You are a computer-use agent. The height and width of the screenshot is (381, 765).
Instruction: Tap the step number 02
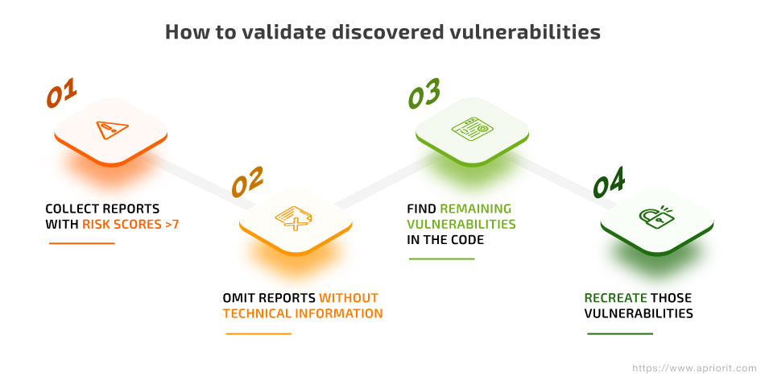(x=247, y=181)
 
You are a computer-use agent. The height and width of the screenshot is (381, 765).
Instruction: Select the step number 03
(x=424, y=93)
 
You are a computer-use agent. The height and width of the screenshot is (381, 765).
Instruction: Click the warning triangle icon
(x=112, y=130)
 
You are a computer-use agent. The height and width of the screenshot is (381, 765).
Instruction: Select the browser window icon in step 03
(x=472, y=129)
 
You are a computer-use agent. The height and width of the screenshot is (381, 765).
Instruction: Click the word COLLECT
(x=71, y=209)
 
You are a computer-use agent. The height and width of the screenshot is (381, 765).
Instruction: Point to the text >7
(x=172, y=225)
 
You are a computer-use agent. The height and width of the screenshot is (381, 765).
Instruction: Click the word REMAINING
(x=476, y=209)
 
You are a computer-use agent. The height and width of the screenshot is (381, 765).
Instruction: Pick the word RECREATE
(x=616, y=297)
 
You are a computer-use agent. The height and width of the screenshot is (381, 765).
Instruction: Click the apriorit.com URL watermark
(x=695, y=368)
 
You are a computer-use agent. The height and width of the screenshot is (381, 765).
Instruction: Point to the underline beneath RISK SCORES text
(x=81, y=243)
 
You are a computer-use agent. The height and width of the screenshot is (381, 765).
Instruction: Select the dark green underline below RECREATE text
(x=619, y=333)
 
